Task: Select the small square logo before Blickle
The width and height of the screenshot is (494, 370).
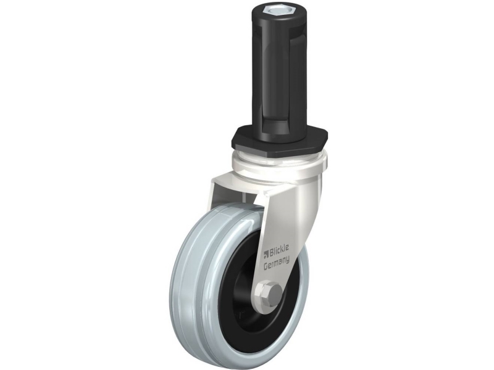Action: [x=266, y=253]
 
